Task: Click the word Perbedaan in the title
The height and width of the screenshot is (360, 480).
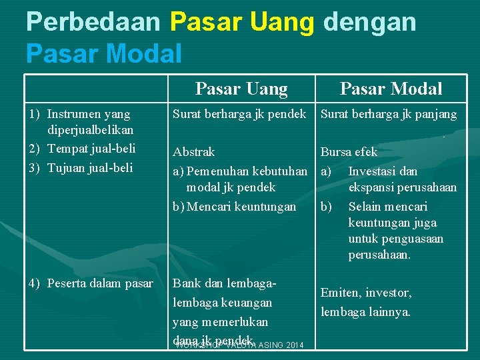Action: pos(93,22)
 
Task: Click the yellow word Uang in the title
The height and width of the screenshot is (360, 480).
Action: pos(281,22)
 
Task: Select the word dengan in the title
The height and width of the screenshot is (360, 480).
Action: pos(369,22)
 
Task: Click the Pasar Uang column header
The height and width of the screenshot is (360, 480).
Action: pos(241,89)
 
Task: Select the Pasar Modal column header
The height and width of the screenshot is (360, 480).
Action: pos(391,89)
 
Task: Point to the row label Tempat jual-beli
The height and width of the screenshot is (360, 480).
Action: pos(91,147)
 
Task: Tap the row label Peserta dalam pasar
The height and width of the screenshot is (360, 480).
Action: pos(100,283)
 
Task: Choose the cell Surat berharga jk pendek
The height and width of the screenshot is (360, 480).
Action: pos(239,114)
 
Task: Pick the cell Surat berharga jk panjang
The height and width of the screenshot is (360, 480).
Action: pos(389,114)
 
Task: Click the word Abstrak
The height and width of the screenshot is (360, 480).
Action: pos(194,152)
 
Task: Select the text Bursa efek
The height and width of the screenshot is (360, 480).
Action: pos(349,152)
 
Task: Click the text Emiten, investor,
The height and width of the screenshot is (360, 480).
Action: pos(366,293)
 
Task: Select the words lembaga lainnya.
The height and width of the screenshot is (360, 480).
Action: pos(366,311)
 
